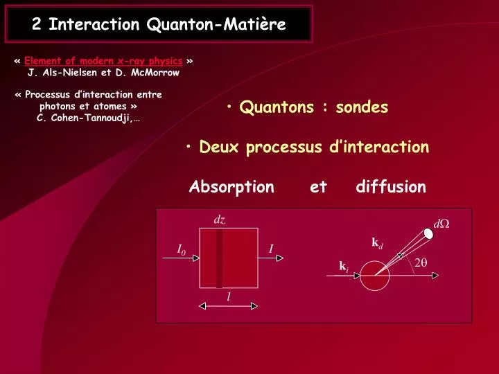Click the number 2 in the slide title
pos(36,24)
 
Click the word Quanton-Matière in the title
pos(216,25)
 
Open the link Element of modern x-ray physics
pos(103,61)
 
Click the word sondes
pos(362,107)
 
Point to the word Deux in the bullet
pos(218,147)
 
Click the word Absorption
pos(231,187)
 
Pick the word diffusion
pos(391,186)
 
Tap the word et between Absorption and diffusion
pos(318,187)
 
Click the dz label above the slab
pos(219,220)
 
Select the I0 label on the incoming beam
pos(181,249)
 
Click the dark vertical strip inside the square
pos(219,258)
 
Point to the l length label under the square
pos(229,296)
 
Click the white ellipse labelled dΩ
pos(428,234)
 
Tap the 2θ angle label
pos(421,262)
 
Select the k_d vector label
pos(377,243)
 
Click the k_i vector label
pos(344,267)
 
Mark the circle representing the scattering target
pos(374,261)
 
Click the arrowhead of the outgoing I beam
pos(280,258)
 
